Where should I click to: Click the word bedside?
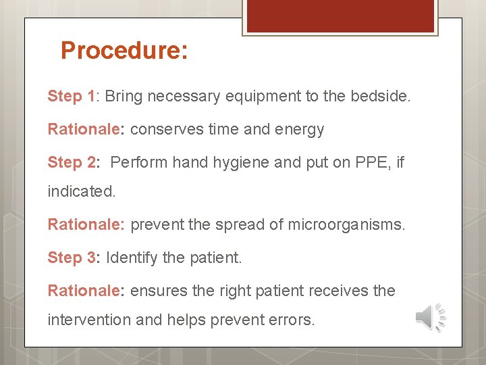click(x=379, y=96)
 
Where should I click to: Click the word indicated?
click(x=81, y=191)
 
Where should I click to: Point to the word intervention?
click(x=89, y=319)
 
